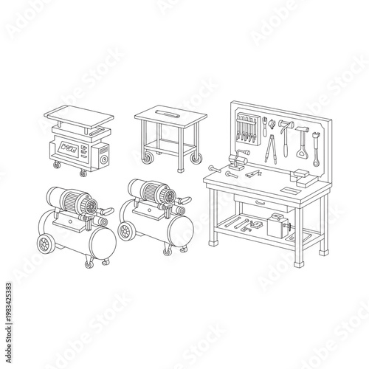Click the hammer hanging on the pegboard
[x=283, y=123]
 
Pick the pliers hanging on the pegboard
[x=272, y=148]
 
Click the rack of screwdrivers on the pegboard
[x=246, y=130]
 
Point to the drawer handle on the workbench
[x=258, y=201]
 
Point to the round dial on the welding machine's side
[x=103, y=156]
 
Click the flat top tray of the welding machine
[x=77, y=116]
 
